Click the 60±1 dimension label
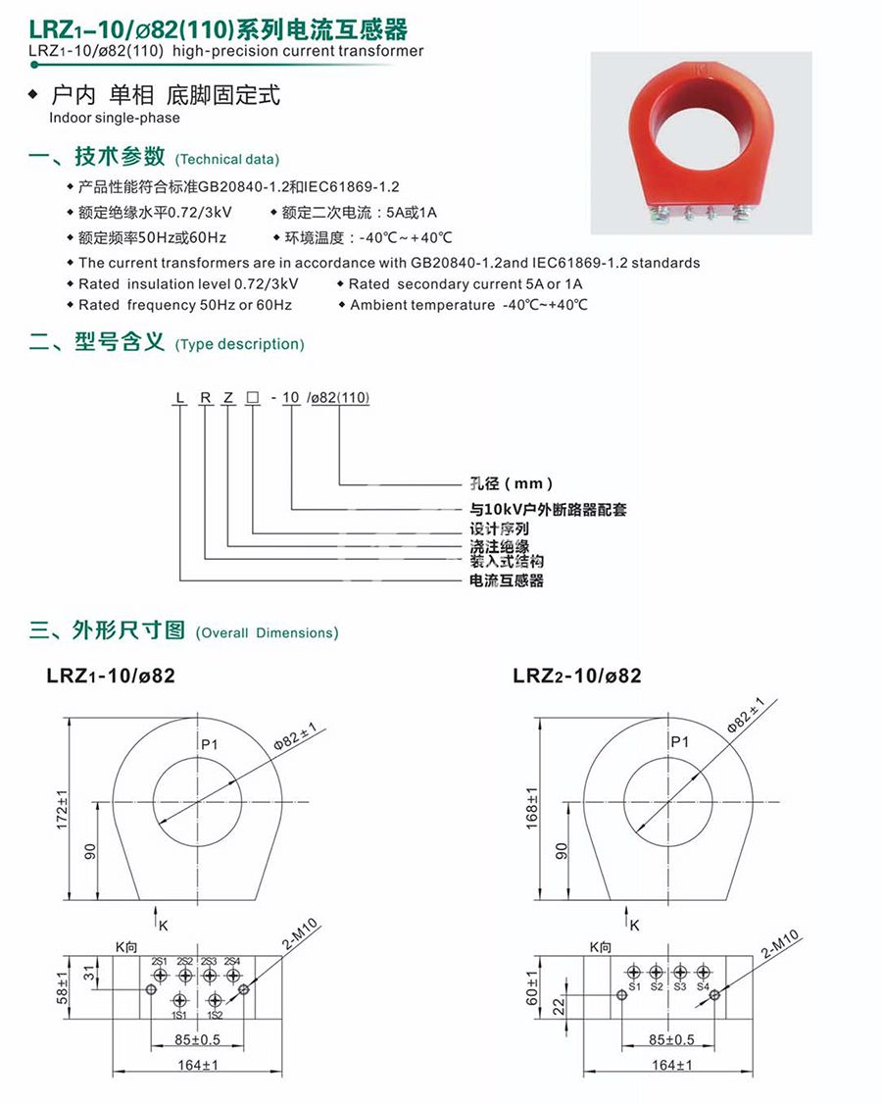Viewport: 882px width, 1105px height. pos(533,988)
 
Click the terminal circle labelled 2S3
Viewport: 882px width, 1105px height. pos(209,976)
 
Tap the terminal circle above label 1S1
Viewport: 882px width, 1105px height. pos(180,1000)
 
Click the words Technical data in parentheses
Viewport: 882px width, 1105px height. pos(226,159)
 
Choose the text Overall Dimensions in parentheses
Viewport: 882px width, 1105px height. pos(267,632)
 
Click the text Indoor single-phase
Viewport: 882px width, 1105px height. pos(115,118)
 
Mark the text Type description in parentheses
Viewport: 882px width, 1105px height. pos(239,344)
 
